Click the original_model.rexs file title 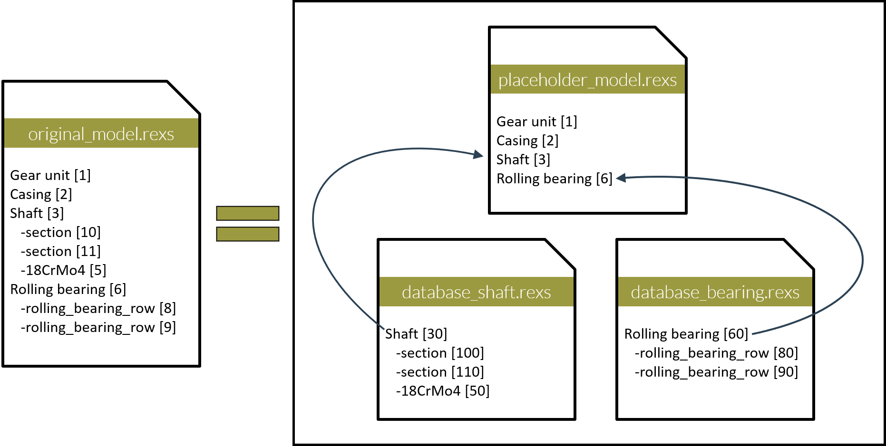[101, 134]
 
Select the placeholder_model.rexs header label [587, 80]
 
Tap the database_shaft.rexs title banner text [476, 292]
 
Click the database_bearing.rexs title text [715, 292]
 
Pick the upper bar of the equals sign [247, 213]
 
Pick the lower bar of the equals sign [247, 234]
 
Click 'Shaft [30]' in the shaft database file [416, 334]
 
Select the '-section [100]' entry [440, 353]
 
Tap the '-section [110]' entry [440, 372]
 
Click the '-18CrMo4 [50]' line [442, 391]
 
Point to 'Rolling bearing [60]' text [686, 334]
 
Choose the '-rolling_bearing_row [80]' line [716, 353]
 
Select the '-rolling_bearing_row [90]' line [716, 372]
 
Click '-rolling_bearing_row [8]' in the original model [98, 308]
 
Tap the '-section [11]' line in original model [60, 251]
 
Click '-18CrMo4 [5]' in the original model [63, 270]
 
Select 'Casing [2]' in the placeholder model [527, 141]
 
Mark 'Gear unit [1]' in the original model [50, 175]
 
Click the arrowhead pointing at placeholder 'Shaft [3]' [478, 154]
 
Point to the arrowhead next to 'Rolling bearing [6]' [621, 178]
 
